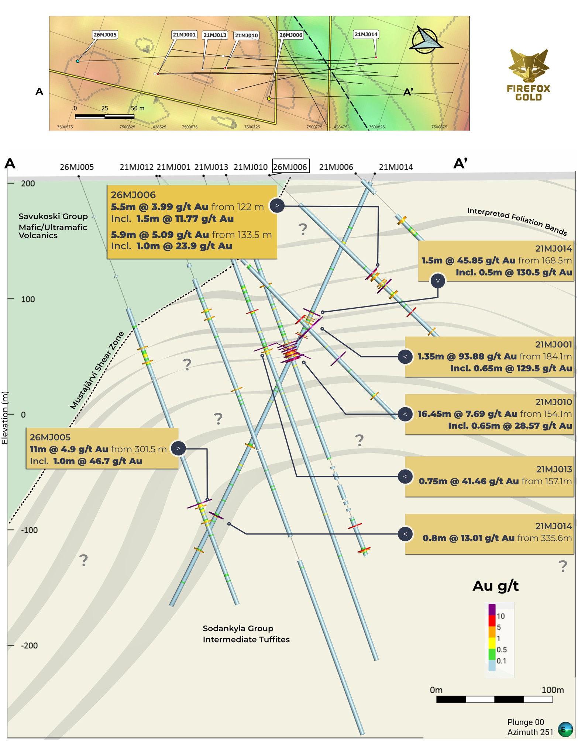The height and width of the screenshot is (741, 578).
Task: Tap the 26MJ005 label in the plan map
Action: (x=105, y=35)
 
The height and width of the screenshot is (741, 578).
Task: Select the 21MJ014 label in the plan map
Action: (x=366, y=34)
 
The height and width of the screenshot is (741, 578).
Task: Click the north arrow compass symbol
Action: (x=426, y=40)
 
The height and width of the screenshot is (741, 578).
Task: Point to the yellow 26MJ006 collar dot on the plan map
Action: (x=269, y=98)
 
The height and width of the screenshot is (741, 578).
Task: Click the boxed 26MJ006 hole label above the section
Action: (x=290, y=166)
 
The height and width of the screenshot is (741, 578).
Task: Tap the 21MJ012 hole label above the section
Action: (x=137, y=167)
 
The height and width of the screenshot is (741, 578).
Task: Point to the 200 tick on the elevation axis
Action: (x=11, y=183)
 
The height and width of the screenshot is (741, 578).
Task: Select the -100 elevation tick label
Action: (x=29, y=530)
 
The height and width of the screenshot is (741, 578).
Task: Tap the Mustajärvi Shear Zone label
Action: (x=97, y=370)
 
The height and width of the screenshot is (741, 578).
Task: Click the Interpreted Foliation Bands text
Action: (x=517, y=221)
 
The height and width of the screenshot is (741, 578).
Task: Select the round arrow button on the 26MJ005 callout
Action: (x=178, y=449)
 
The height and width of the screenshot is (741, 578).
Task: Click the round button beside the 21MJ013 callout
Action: (x=405, y=476)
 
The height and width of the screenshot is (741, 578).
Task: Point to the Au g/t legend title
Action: (x=496, y=586)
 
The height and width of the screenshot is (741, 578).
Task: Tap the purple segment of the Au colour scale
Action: (x=492, y=610)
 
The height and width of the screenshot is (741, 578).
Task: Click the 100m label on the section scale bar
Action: (x=553, y=690)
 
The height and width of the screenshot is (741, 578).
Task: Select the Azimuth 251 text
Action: (x=530, y=732)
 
